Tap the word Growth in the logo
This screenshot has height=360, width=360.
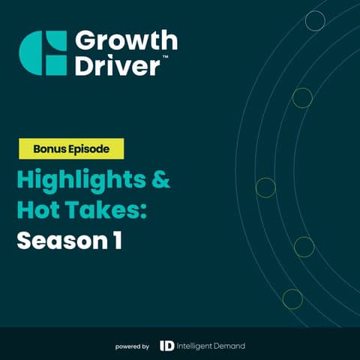pyautogui.click(x=126, y=40)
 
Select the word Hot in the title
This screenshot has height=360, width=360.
pyautogui.click(x=40, y=211)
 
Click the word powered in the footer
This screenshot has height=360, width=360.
pyautogui.click(x=127, y=346)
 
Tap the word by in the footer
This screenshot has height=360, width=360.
pyautogui.click(x=145, y=346)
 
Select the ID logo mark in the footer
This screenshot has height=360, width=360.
pyautogui.click(x=168, y=346)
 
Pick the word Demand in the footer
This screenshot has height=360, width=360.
pyautogui.click(x=230, y=346)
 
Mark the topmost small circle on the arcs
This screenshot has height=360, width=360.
pyautogui.click(x=315, y=21)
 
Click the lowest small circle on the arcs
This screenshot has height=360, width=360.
pyautogui.click(x=292, y=298)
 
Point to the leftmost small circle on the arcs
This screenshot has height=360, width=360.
pyautogui.click(x=265, y=187)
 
